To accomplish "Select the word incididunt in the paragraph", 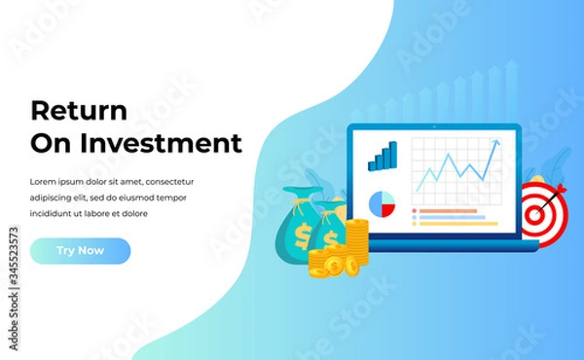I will (x=56, y=213).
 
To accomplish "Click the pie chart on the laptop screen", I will (x=382, y=203).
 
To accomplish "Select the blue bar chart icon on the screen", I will (x=383, y=156).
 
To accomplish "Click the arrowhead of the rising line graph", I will (x=496, y=144).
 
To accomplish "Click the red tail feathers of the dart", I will (x=559, y=191).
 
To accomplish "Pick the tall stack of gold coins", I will (x=358, y=246).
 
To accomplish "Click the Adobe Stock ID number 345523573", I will (x=12, y=260).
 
